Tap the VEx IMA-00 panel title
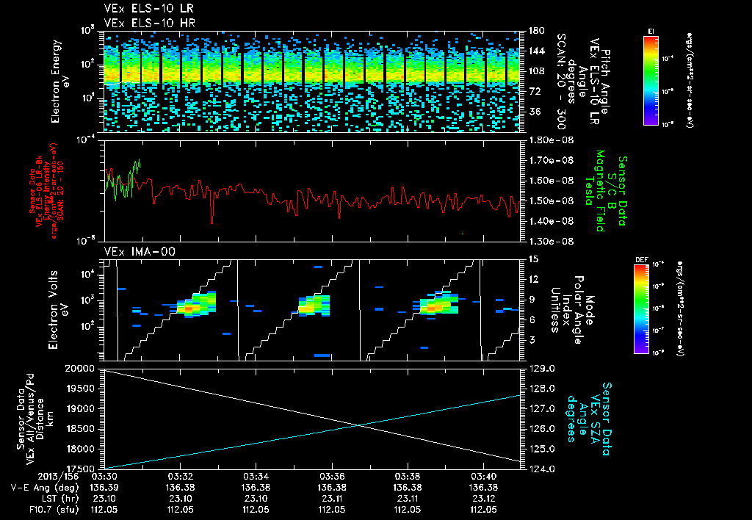pos(133,252)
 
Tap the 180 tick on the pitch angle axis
pos(535,31)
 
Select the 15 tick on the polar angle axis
pos(532,259)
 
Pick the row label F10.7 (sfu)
pos(36,508)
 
